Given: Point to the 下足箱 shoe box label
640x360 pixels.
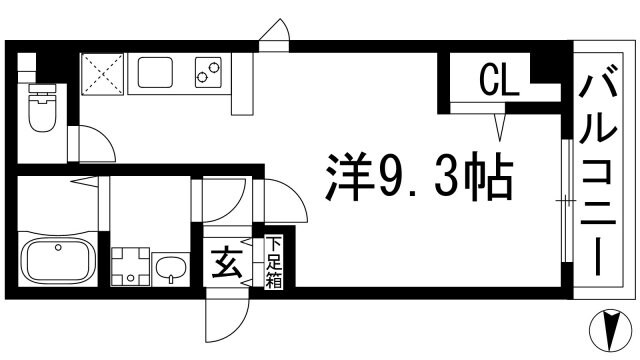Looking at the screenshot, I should (273, 263).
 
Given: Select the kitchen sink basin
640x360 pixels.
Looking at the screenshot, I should (158, 73).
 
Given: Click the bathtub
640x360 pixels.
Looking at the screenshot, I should (58, 262).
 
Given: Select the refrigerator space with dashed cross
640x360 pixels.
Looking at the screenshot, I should (100, 73).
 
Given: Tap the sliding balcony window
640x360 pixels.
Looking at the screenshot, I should (565, 200).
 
